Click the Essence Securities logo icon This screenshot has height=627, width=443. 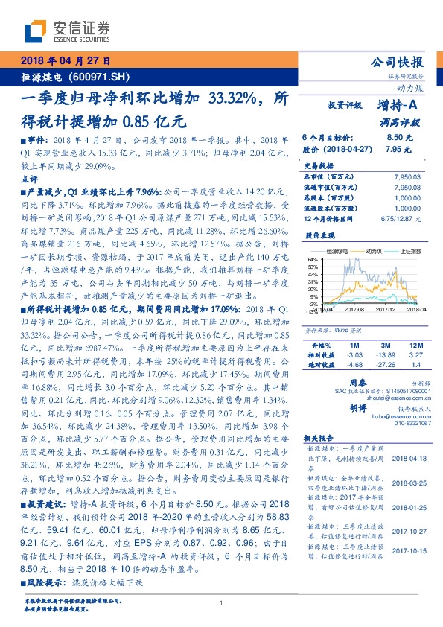click(x=36, y=31)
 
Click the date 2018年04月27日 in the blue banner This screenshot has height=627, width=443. click(x=66, y=60)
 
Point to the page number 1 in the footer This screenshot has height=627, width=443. click(x=222, y=602)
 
